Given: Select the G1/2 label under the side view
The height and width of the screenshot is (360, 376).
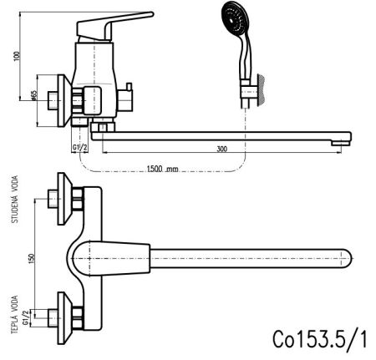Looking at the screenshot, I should [x=82, y=148].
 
